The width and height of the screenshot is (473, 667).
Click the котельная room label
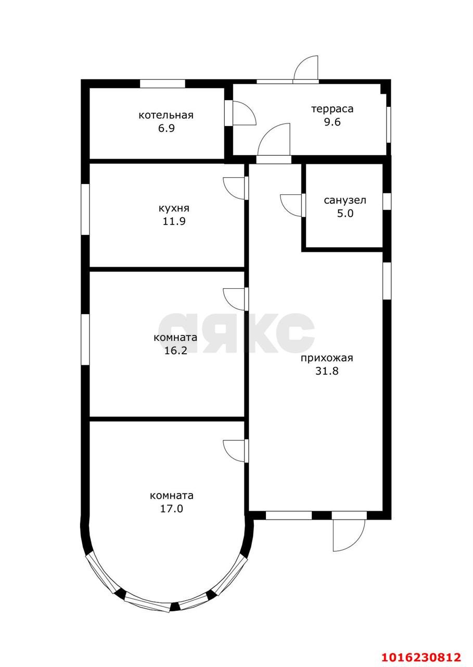[x=166, y=115]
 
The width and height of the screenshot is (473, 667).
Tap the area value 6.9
[x=166, y=128]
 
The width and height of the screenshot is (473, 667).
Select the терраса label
[x=333, y=109]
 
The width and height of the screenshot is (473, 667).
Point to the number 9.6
[x=333, y=122]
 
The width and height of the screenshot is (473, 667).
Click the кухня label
[x=174, y=208]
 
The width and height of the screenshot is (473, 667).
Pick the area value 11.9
[x=174, y=221]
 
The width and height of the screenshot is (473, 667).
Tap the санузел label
[x=345, y=201]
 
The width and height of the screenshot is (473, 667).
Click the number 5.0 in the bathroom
[x=345, y=214]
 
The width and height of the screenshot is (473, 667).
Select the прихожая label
[x=327, y=357]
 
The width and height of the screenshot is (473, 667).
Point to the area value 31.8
[x=327, y=370]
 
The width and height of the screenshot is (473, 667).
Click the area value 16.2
[x=176, y=351]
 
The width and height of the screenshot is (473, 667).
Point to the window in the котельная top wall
[x=162, y=84]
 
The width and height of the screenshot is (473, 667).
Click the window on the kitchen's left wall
[x=85, y=209]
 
